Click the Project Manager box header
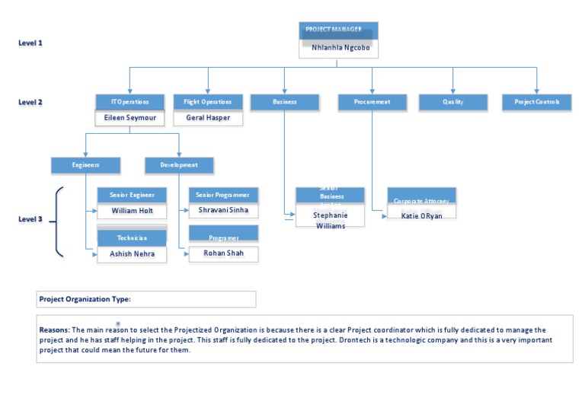point(338,30)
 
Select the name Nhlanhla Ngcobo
point(340,47)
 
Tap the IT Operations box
point(129,102)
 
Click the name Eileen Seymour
point(129,118)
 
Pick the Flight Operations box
point(208,102)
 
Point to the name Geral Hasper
point(208,118)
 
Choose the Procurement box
point(372,102)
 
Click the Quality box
point(452,102)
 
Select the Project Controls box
point(536,102)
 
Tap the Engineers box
point(85,164)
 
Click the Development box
point(179,164)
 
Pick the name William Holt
point(132,211)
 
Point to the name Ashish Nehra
point(132,254)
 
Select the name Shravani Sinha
point(223,209)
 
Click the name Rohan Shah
point(223,253)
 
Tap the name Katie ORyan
point(421,216)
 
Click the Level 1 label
point(30,43)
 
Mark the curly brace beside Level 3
point(58,220)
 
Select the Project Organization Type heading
point(85,299)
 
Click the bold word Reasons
point(54,330)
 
